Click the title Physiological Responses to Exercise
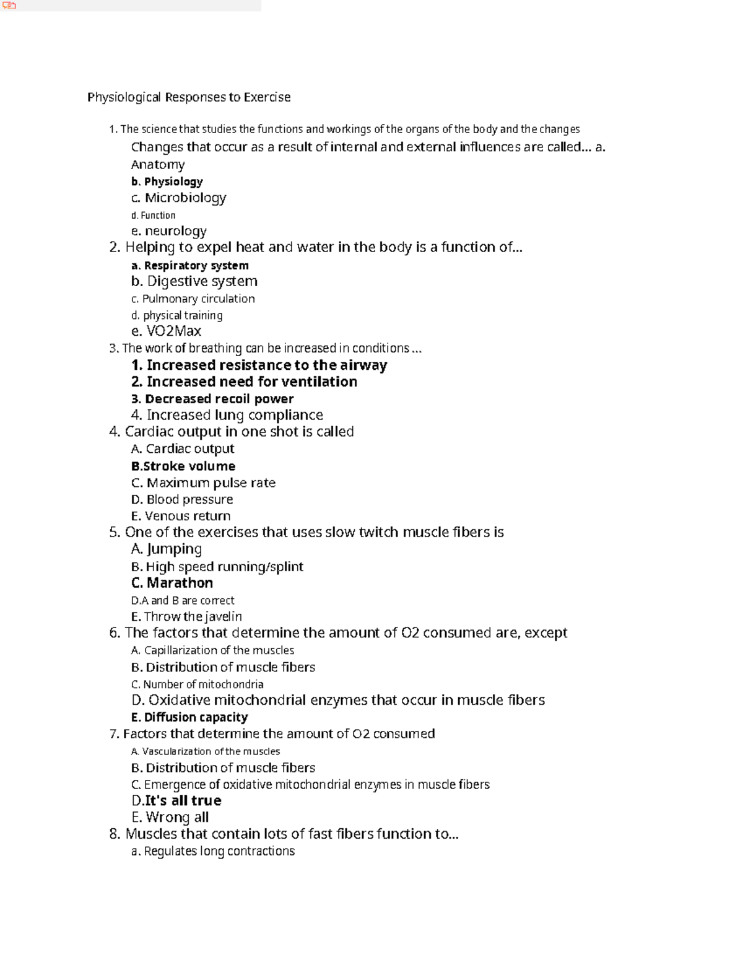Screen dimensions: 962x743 click(189, 97)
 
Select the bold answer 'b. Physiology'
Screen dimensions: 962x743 click(167, 181)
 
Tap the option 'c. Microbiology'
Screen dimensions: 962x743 click(178, 198)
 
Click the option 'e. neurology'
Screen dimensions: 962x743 click(168, 231)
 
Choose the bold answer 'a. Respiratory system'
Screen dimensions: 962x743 click(190, 266)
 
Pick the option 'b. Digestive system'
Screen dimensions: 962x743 click(194, 281)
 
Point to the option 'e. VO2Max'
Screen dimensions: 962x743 click(166, 331)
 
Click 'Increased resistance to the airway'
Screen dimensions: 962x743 click(259, 365)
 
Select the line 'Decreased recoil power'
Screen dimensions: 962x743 click(212, 399)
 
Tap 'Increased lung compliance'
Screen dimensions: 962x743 click(227, 415)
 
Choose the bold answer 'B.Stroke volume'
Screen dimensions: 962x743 click(183, 466)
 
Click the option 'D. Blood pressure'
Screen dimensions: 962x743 click(182, 499)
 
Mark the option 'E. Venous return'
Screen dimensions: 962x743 click(181, 516)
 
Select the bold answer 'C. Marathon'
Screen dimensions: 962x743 click(172, 583)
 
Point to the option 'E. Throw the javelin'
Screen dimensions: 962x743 click(186, 616)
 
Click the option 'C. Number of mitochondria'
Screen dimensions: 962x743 click(198, 684)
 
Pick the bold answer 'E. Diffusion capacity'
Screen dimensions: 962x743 click(189, 717)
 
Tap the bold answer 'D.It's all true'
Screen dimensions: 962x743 click(176, 801)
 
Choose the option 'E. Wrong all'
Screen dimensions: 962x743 click(170, 818)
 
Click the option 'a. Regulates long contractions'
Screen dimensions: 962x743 click(213, 852)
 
